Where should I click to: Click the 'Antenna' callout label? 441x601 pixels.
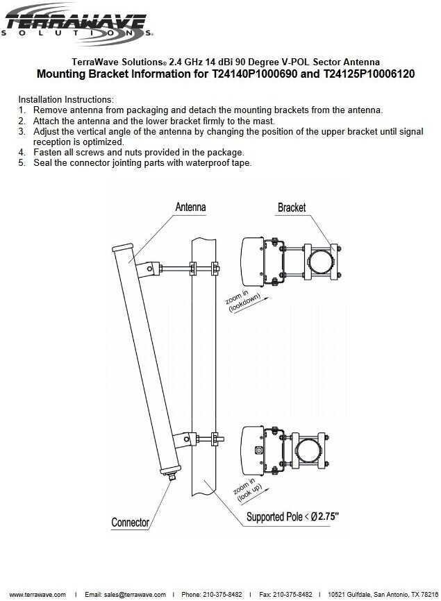tap(190, 207)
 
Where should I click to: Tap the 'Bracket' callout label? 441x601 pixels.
tap(292, 208)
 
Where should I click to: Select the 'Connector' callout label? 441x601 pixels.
tap(131, 522)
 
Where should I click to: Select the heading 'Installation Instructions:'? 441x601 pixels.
tap(65, 100)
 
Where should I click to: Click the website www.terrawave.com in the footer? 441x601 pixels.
tap(34, 594)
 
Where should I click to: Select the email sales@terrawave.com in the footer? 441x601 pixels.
tap(125, 594)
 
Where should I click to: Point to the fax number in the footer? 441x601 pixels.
tap(285, 594)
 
